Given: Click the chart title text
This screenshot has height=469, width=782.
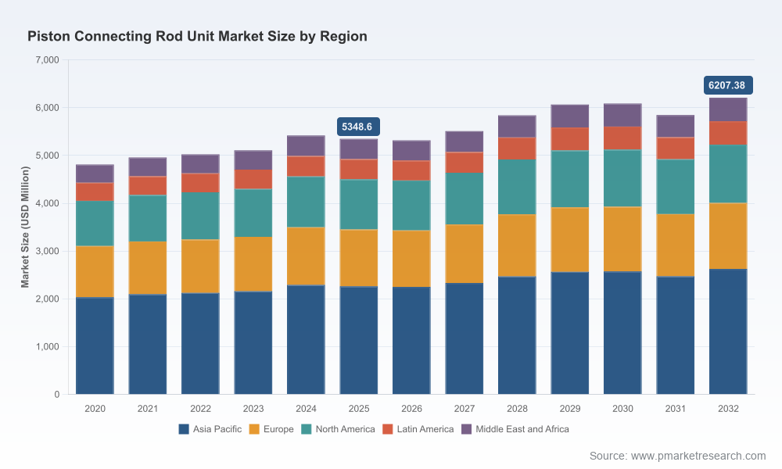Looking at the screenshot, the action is click(198, 37).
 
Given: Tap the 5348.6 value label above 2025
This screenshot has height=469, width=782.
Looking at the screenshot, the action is click(358, 127).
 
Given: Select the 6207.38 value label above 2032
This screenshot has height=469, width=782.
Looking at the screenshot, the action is click(728, 85).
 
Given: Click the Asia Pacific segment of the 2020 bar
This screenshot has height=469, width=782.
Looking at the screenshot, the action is click(95, 346).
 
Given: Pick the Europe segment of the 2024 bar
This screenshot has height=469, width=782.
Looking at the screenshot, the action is click(306, 256).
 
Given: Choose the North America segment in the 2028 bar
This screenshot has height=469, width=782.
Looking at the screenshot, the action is click(517, 187).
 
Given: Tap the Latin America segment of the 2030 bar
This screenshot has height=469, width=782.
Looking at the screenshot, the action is click(622, 138).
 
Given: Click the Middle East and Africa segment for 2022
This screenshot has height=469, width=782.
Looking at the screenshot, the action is click(200, 164).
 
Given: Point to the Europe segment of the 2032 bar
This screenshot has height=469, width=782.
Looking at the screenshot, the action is click(728, 236).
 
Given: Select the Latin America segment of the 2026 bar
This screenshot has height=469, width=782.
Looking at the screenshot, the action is click(411, 170).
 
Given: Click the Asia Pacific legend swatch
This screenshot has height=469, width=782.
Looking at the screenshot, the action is click(184, 429).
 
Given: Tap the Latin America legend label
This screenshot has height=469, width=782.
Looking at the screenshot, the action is click(425, 429).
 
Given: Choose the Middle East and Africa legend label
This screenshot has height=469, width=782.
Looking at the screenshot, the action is click(522, 429).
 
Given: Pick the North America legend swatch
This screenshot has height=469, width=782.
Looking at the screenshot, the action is click(307, 429).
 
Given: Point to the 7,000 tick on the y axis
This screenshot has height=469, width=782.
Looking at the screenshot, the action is click(48, 60).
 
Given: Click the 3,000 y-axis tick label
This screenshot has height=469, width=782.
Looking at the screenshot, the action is click(48, 251).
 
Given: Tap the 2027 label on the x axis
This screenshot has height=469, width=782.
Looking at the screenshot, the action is click(465, 409).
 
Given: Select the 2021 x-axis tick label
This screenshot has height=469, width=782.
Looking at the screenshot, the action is click(148, 409).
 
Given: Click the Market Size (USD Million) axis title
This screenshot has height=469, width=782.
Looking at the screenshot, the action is click(25, 227).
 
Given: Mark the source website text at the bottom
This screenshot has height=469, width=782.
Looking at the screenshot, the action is click(677, 456).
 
